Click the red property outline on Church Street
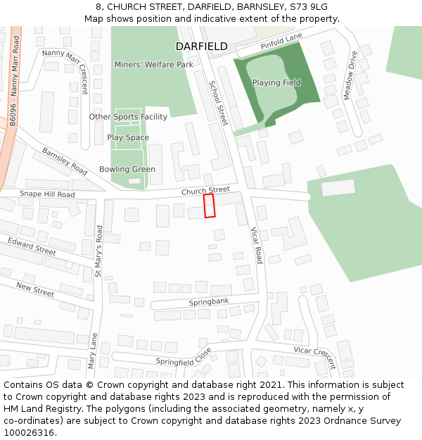[x=209, y=206]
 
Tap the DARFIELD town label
[x=201, y=46]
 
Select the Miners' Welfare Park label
[x=154, y=65]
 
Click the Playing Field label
[x=276, y=83]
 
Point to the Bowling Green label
[x=127, y=170]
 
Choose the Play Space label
[x=128, y=138]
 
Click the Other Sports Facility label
[x=128, y=117]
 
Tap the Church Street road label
[x=206, y=191]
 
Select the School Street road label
[x=218, y=103]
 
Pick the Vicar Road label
[x=257, y=245]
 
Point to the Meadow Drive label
[x=349, y=75]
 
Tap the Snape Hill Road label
[x=46, y=194]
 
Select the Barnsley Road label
[x=65, y=161]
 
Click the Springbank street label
[x=209, y=302]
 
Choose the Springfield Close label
[x=184, y=357]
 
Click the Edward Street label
[x=32, y=246]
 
